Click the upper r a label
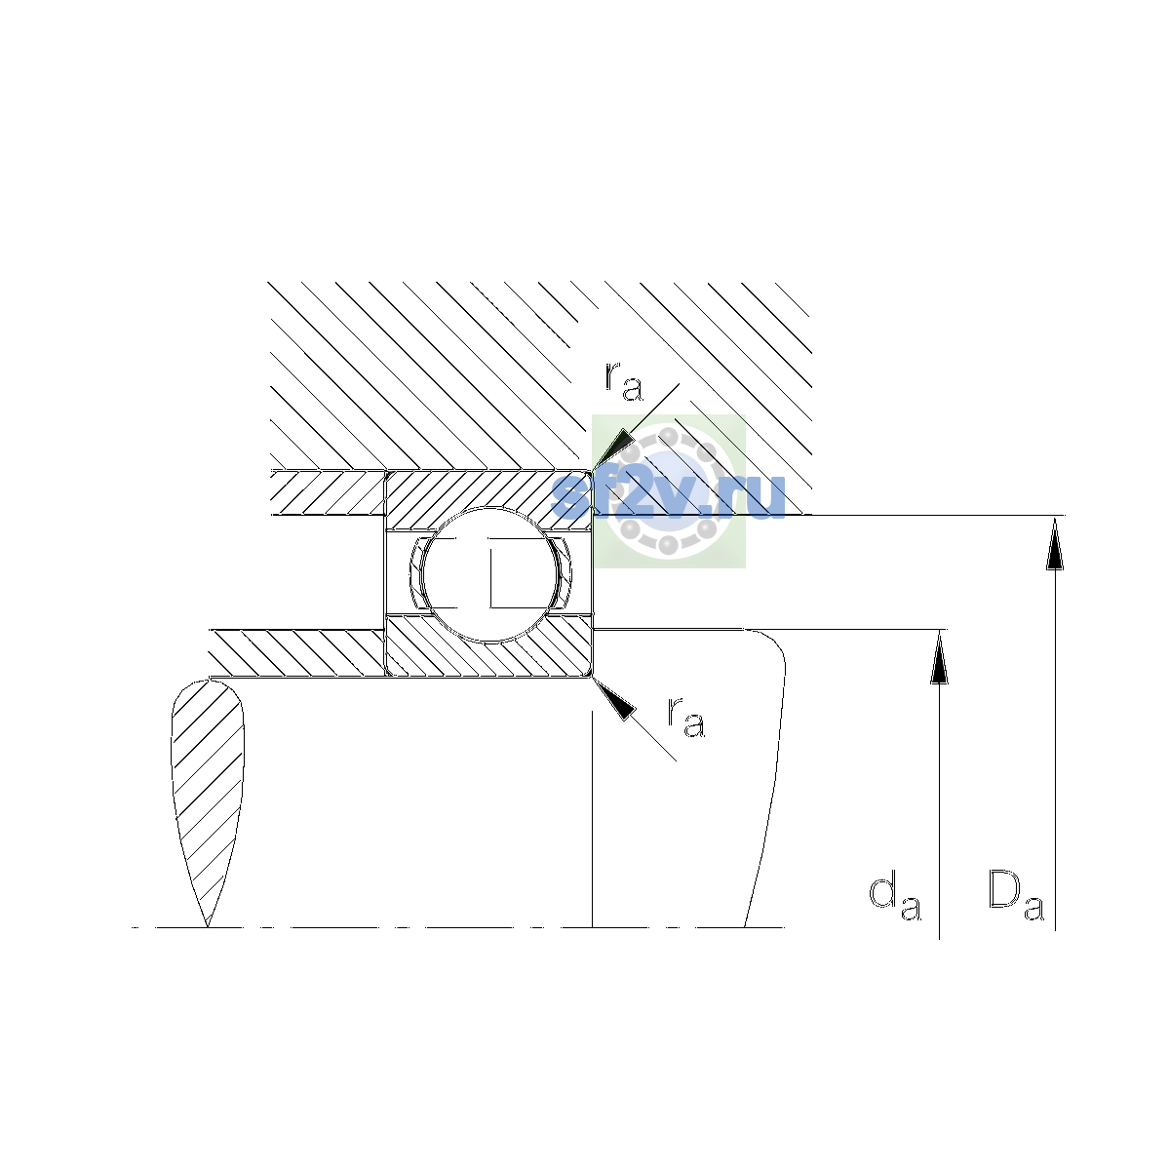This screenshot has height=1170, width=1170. point(624,380)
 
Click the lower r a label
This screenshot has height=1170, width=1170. point(686,717)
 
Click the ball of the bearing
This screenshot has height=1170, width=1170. point(489,574)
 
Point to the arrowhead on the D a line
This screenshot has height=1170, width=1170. point(1055,543)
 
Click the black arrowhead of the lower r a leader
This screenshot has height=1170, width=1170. point(614,699)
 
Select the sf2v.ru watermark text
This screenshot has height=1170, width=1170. point(668,496)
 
